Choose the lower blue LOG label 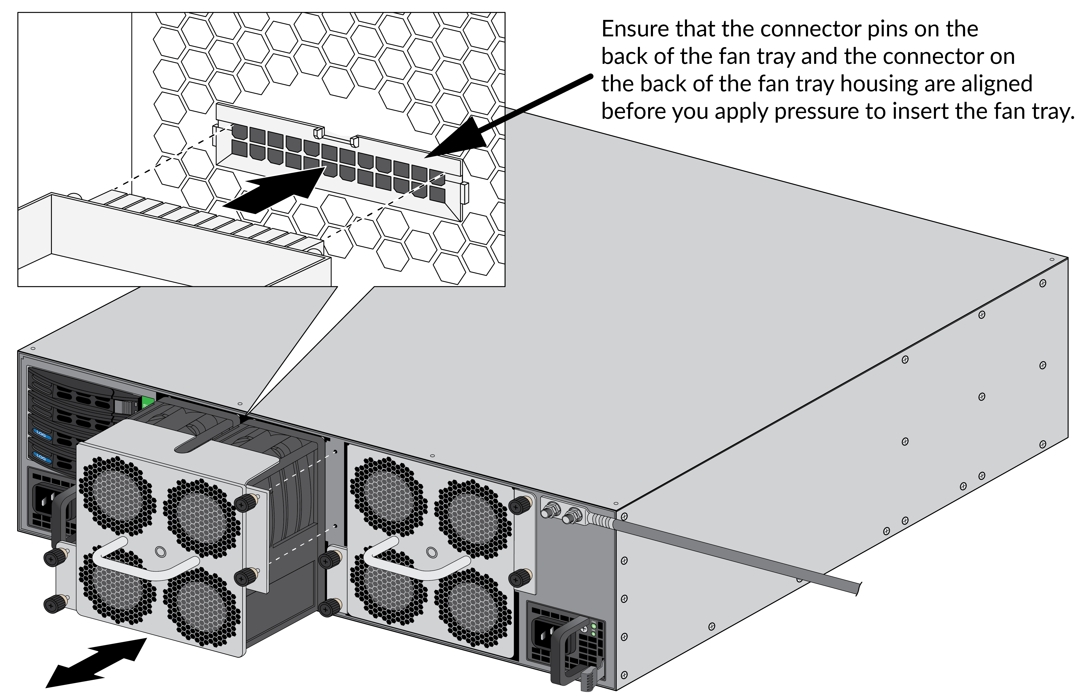(x=41, y=458)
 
